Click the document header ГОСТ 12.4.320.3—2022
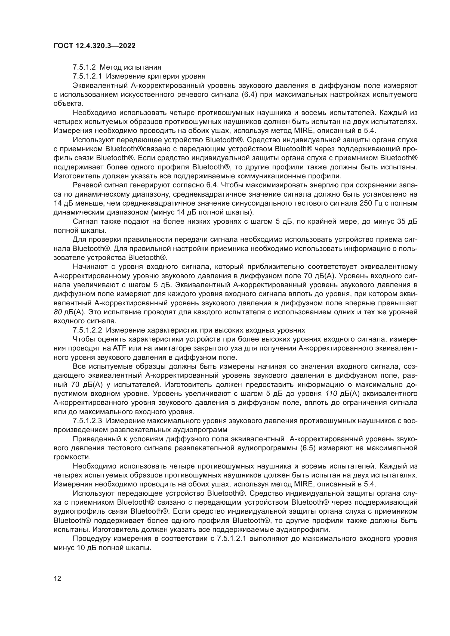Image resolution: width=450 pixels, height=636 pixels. [x=94, y=46]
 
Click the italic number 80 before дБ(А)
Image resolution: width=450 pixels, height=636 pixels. [x=58, y=312]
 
